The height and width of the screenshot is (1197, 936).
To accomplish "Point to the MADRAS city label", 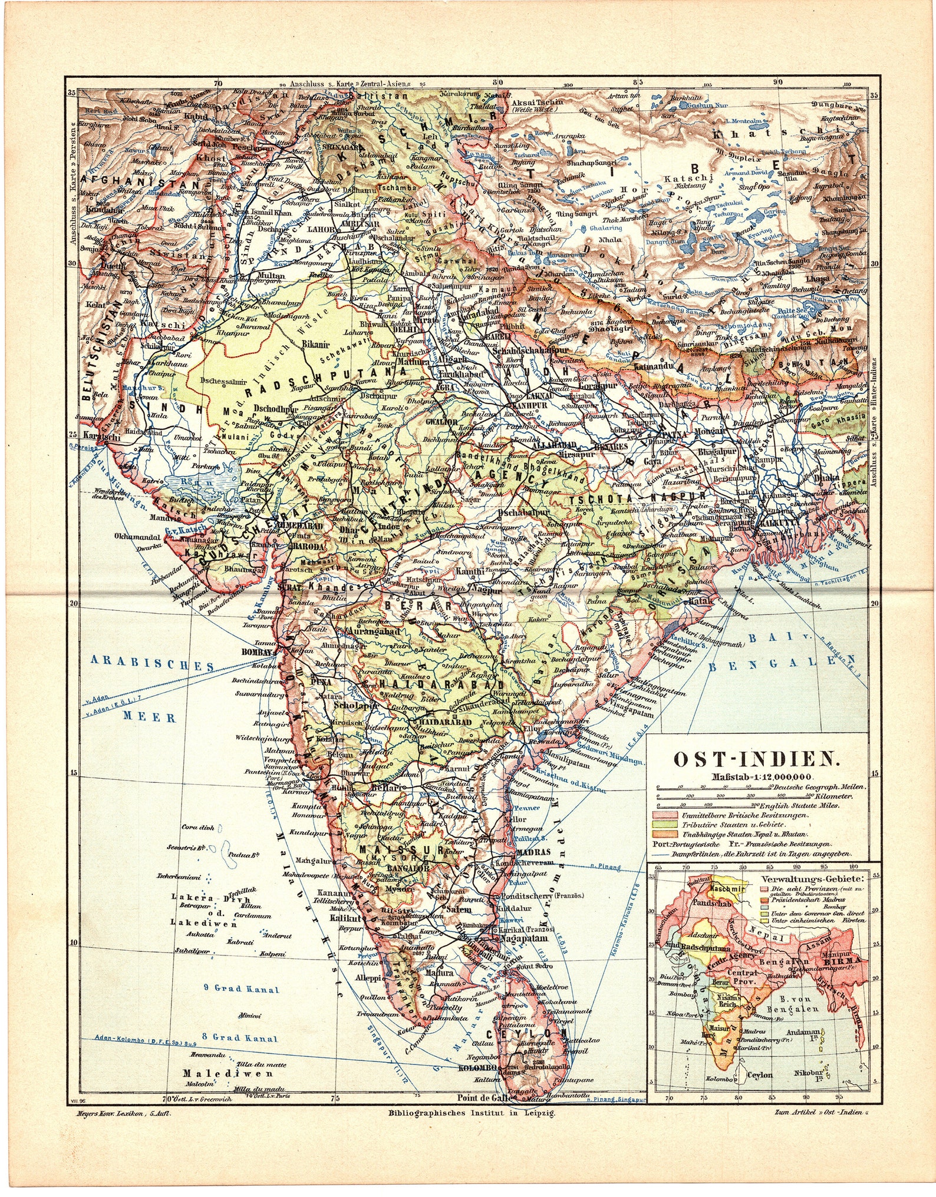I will pos(532,852).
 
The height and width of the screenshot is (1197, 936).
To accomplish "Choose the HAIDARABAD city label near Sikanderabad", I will pos(445,721).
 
